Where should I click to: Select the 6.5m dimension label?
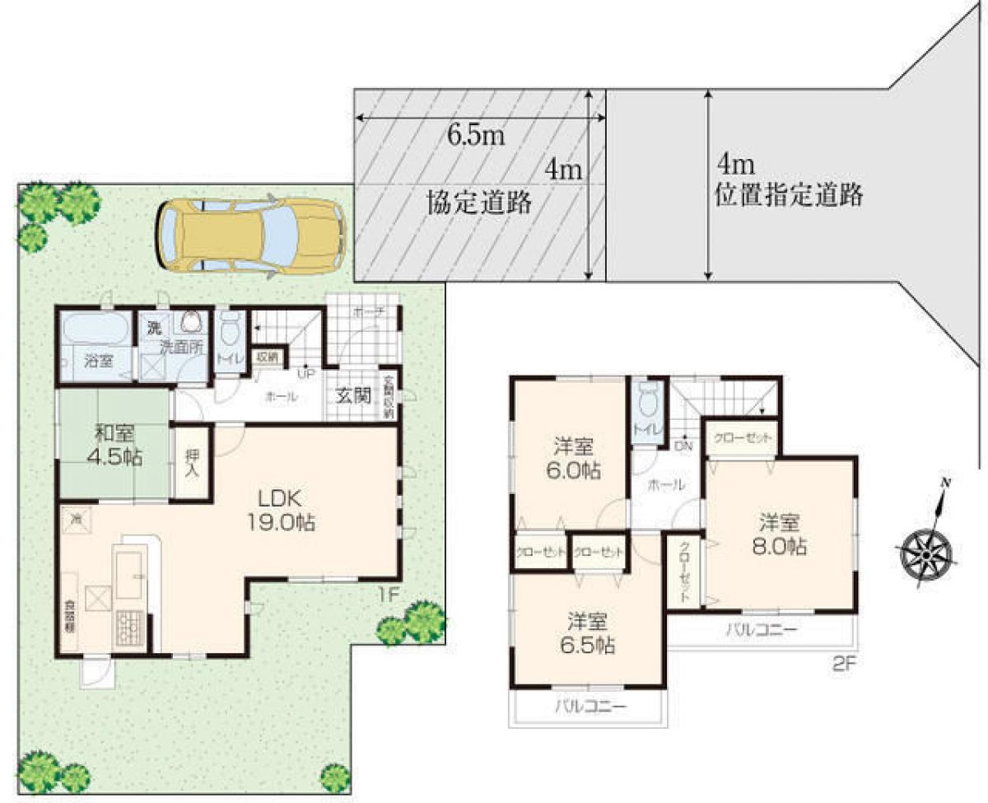click(475, 135)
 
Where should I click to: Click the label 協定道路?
click(478, 203)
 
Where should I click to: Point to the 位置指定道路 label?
click(788, 195)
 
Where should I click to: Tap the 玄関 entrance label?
click(353, 395)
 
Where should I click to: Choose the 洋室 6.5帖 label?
click(590, 632)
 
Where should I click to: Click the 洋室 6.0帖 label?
click(576, 460)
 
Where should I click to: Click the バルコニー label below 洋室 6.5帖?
click(590, 707)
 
